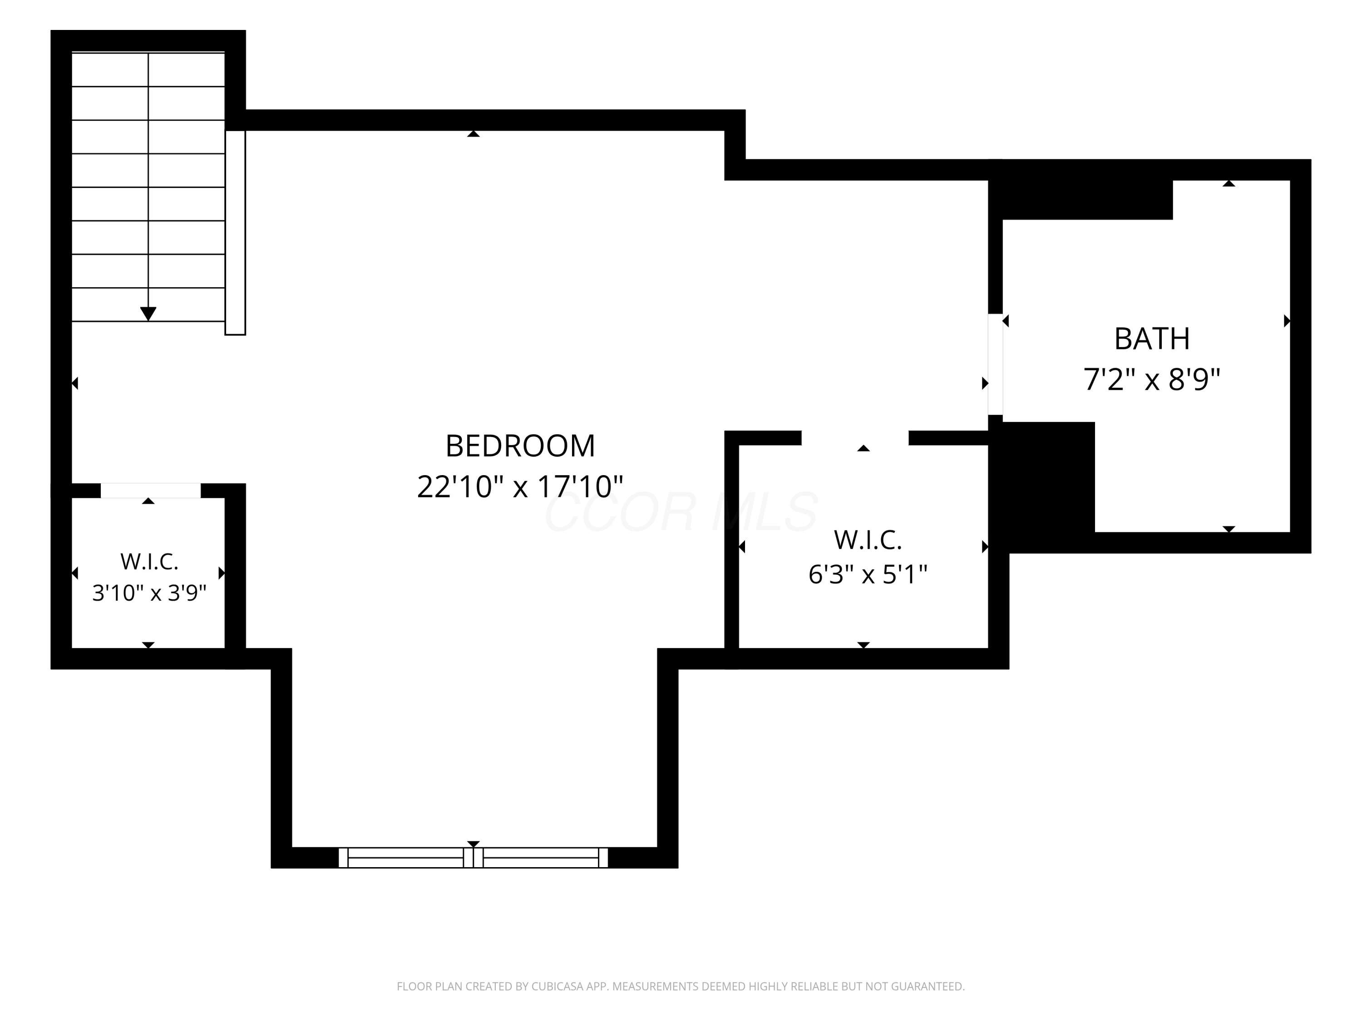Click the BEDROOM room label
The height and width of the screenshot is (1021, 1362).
click(520, 446)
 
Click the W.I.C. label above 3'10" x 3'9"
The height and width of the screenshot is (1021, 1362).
click(149, 561)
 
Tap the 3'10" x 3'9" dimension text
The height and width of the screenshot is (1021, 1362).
click(149, 593)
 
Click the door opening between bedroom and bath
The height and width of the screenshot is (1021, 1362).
click(995, 364)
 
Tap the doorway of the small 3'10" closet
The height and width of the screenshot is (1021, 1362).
click(150, 491)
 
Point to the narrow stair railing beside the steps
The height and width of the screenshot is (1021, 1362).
click(235, 233)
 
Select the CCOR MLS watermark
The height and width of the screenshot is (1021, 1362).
click(681, 512)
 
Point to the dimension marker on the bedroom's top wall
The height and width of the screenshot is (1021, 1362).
click(473, 133)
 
